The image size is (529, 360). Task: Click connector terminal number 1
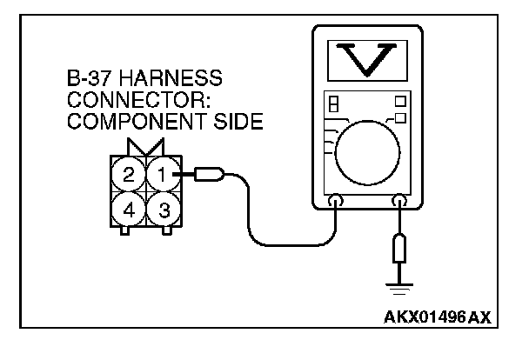point(160,174)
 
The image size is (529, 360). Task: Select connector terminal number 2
point(129,175)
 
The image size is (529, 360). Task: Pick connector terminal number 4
point(129,210)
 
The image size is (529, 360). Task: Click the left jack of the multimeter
point(335,203)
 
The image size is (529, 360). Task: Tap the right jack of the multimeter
point(399,203)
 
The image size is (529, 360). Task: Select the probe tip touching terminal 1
point(208,176)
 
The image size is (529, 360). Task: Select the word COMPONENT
point(123,122)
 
